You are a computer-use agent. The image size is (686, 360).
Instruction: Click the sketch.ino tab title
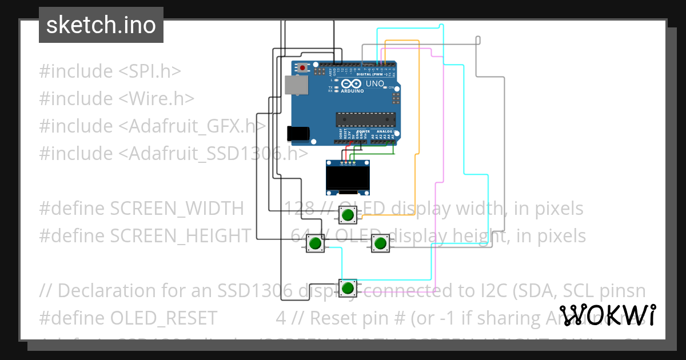pos(101,25)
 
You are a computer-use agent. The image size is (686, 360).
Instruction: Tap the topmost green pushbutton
pos(347,215)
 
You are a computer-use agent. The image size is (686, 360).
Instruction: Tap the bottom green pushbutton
pos(347,287)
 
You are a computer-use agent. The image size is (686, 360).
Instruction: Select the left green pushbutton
pos(314,244)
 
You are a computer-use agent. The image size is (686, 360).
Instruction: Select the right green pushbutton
pos(379,244)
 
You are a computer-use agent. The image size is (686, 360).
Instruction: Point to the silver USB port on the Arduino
pos(296,85)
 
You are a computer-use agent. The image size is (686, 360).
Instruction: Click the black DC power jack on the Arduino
pos(298,133)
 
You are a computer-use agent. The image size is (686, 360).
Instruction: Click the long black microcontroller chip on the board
pos(365,119)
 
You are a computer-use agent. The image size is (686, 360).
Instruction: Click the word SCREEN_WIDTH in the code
pos(177,209)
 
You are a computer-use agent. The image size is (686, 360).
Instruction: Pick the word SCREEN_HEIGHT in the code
pos(180,236)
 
